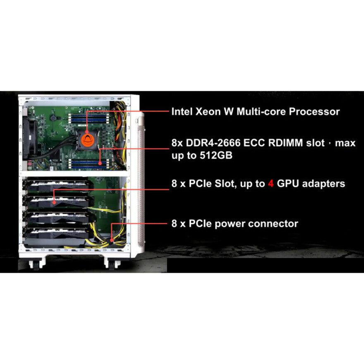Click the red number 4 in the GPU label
pyautogui.click(x=271, y=183)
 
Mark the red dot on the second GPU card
pyautogui.click(x=55, y=202)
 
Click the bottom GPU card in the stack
pyautogui.click(x=58, y=236)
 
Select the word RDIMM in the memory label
pyautogui.click(x=286, y=143)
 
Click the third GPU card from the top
pyautogui.click(x=58, y=218)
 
